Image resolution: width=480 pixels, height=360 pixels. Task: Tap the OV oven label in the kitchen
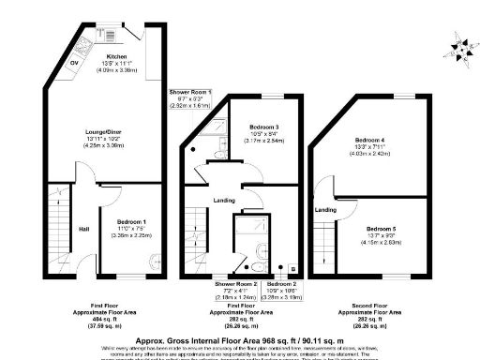coord(74,64)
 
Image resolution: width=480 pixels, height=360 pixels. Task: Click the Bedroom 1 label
coord(121,223)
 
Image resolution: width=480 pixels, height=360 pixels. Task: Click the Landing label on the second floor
coord(325,209)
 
